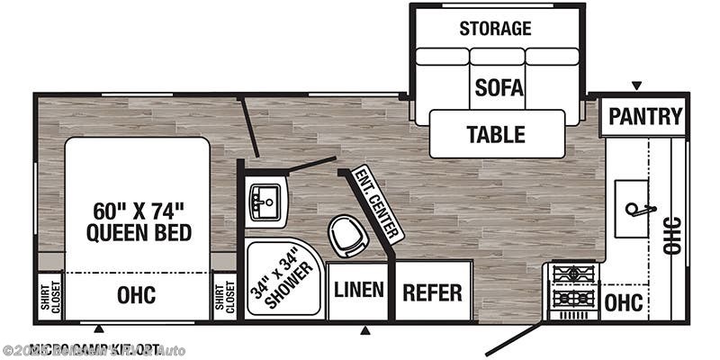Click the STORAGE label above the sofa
coord(495,28)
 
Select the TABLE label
coord(495,135)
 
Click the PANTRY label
coord(645,116)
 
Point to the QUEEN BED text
coord(139,233)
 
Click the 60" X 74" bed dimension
coord(139,211)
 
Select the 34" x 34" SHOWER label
coord(283,282)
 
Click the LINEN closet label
coord(359,291)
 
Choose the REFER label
coord(432,292)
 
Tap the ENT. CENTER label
coord(377,204)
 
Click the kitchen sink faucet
coord(637,210)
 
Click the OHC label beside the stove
coord(624,302)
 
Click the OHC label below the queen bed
coord(137,295)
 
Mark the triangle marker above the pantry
coord(636,85)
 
